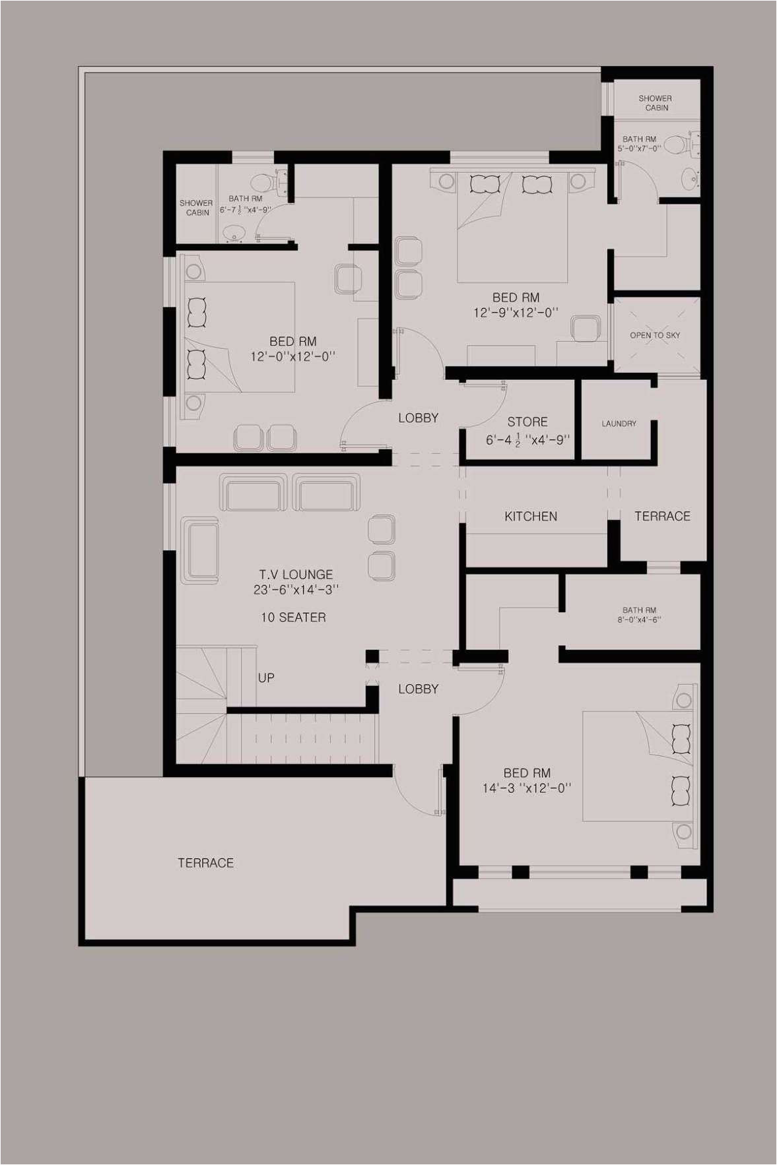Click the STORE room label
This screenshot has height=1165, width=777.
click(527, 422)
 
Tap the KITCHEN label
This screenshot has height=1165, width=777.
click(531, 516)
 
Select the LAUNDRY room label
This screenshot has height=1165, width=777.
click(619, 424)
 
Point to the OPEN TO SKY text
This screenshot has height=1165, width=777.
click(655, 335)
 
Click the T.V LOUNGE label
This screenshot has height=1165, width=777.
click(296, 574)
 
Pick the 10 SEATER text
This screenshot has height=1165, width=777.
click(293, 617)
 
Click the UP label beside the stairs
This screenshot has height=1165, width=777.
click(266, 677)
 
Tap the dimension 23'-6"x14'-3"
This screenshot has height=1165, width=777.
click(296, 590)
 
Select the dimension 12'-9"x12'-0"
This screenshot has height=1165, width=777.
click(516, 312)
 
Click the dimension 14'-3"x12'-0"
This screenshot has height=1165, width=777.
click(526, 788)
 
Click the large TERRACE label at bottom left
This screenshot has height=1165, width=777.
click(205, 862)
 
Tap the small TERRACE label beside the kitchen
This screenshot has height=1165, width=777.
click(662, 516)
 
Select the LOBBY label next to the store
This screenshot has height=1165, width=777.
click(418, 418)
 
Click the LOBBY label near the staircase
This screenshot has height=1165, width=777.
click(418, 689)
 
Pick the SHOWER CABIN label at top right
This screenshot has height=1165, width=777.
click(656, 103)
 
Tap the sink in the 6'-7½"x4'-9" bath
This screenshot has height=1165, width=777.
click(234, 232)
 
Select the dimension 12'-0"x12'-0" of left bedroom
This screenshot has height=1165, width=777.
click(292, 357)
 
